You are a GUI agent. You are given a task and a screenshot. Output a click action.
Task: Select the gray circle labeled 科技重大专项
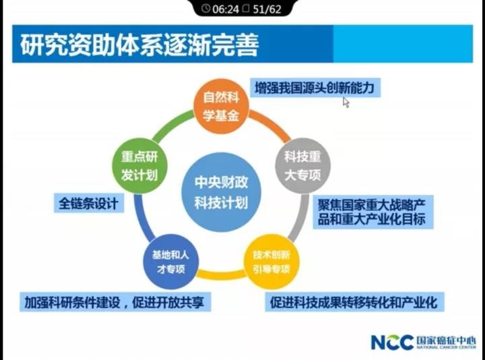(301, 165)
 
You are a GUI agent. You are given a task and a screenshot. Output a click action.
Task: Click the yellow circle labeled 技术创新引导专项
(271, 261)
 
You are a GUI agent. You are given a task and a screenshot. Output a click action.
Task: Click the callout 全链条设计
(88, 203)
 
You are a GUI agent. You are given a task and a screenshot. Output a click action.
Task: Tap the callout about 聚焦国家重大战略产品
(371, 212)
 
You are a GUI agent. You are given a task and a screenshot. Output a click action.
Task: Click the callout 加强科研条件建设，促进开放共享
(114, 301)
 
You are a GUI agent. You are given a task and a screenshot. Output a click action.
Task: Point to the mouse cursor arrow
(346, 102)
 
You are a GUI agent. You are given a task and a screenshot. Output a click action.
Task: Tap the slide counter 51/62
(266, 9)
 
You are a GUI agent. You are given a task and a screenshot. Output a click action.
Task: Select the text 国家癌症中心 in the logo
(446, 339)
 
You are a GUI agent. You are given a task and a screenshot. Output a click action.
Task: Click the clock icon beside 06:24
(205, 9)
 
